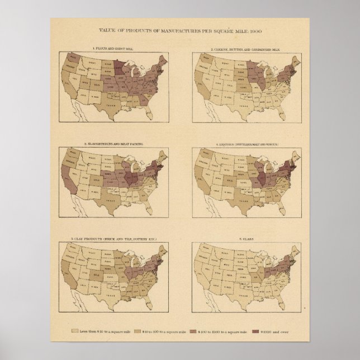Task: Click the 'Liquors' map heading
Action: (x=247, y=144)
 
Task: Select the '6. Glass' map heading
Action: (x=247, y=239)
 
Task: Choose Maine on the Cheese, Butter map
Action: (x=297, y=59)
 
